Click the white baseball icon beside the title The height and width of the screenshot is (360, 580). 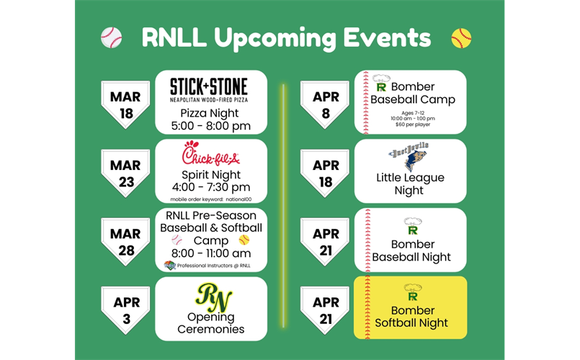pyautogui.click(x=112, y=37)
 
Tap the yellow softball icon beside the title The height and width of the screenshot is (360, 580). pyautogui.click(x=461, y=37)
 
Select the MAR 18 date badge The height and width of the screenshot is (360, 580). pyautogui.click(x=126, y=104)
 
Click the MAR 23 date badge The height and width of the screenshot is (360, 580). pyautogui.click(x=126, y=174)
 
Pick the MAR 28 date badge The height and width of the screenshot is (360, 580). pyautogui.click(x=126, y=241)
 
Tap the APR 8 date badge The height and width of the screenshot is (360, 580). pyautogui.click(x=325, y=104)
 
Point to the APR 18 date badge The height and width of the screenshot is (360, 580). pyautogui.click(x=325, y=174)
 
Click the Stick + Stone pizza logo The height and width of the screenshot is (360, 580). pyautogui.click(x=208, y=90)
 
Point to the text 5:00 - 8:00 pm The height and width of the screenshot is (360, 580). pyautogui.click(x=210, y=126)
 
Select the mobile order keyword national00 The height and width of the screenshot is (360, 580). pyautogui.click(x=210, y=199)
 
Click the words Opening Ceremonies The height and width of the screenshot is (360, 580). pyautogui.click(x=210, y=323)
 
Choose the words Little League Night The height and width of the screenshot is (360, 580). pyautogui.click(x=410, y=184)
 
